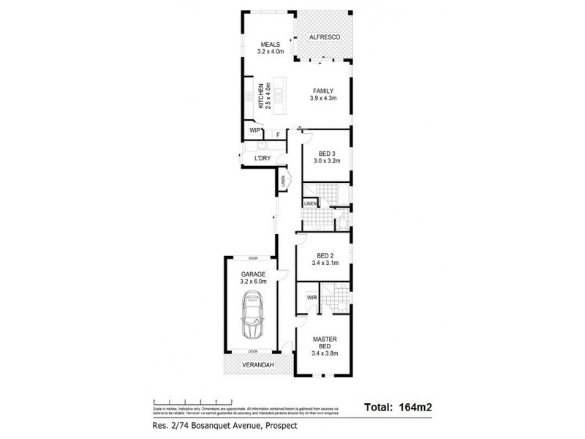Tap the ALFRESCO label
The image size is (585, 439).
click(323, 37)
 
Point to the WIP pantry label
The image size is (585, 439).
click(255, 130)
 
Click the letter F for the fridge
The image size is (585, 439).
click(278, 135)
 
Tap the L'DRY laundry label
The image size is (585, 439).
click(262, 158)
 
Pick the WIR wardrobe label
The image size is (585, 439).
click(311, 298)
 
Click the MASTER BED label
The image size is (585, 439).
click(324, 342)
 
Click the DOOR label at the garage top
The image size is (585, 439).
click(253, 258)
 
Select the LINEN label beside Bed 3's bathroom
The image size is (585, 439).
click(311, 203)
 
